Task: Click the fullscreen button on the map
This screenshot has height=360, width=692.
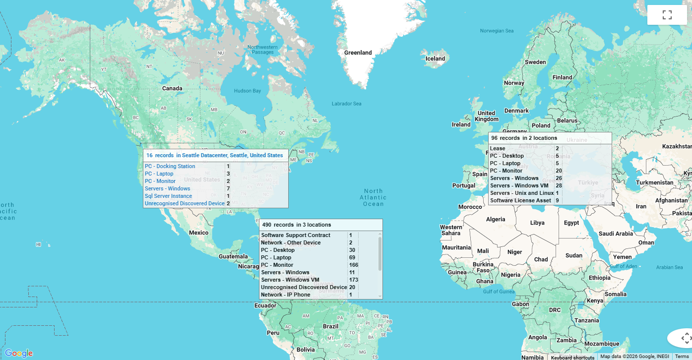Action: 667,15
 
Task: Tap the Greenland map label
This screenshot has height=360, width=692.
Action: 358,53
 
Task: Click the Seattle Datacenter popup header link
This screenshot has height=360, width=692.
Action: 214,155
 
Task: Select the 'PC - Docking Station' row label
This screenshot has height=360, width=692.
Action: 170,166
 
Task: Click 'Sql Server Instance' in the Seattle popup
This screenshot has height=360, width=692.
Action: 168,196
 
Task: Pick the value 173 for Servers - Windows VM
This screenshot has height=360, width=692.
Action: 353,280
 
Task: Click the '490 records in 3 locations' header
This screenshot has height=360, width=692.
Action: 297,225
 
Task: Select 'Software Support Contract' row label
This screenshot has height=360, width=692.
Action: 296,235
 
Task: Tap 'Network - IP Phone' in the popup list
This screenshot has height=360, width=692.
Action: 286,295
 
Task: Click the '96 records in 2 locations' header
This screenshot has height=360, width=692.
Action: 524,138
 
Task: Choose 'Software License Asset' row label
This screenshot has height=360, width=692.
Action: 520,200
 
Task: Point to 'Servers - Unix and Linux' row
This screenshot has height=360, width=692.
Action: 522,193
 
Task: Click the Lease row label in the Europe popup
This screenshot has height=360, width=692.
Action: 498,148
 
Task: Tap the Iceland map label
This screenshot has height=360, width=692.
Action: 436,59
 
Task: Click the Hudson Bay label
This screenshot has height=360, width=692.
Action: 247,91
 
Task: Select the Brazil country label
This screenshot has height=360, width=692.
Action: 330,326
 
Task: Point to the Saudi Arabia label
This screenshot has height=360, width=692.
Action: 616,234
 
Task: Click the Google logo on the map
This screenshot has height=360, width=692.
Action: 19,353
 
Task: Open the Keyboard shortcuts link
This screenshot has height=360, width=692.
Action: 572,357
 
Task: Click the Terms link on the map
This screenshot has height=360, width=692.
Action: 682,357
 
